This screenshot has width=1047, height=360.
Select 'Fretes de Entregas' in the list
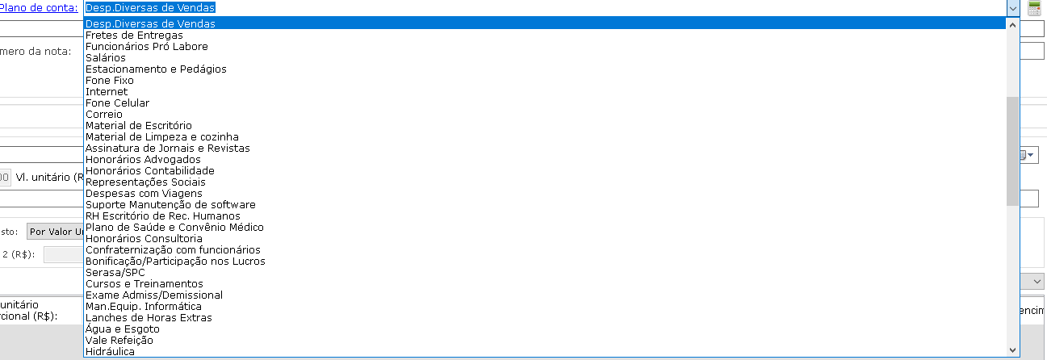point(134,36)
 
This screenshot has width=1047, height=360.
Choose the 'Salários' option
point(106,58)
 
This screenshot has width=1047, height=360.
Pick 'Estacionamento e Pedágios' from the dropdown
point(156,69)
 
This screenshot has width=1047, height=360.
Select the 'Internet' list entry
point(107,92)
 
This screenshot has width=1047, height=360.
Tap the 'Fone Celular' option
point(117,103)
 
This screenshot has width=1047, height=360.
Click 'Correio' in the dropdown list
point(104,115)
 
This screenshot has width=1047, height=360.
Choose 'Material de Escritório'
point(139,126)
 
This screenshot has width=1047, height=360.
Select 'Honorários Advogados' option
point(143,160)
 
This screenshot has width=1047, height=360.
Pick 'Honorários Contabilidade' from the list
point(150,171)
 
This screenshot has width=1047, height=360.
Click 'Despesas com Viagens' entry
point(144,194)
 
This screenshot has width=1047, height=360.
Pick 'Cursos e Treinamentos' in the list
point(144,284)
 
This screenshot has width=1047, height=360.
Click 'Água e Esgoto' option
point(123,329)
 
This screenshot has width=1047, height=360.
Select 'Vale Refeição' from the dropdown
point(119,341)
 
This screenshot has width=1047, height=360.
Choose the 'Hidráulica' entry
point(111,352)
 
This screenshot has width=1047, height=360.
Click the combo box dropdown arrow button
point(1013,7)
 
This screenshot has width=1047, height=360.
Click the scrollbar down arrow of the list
point(1013,350)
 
